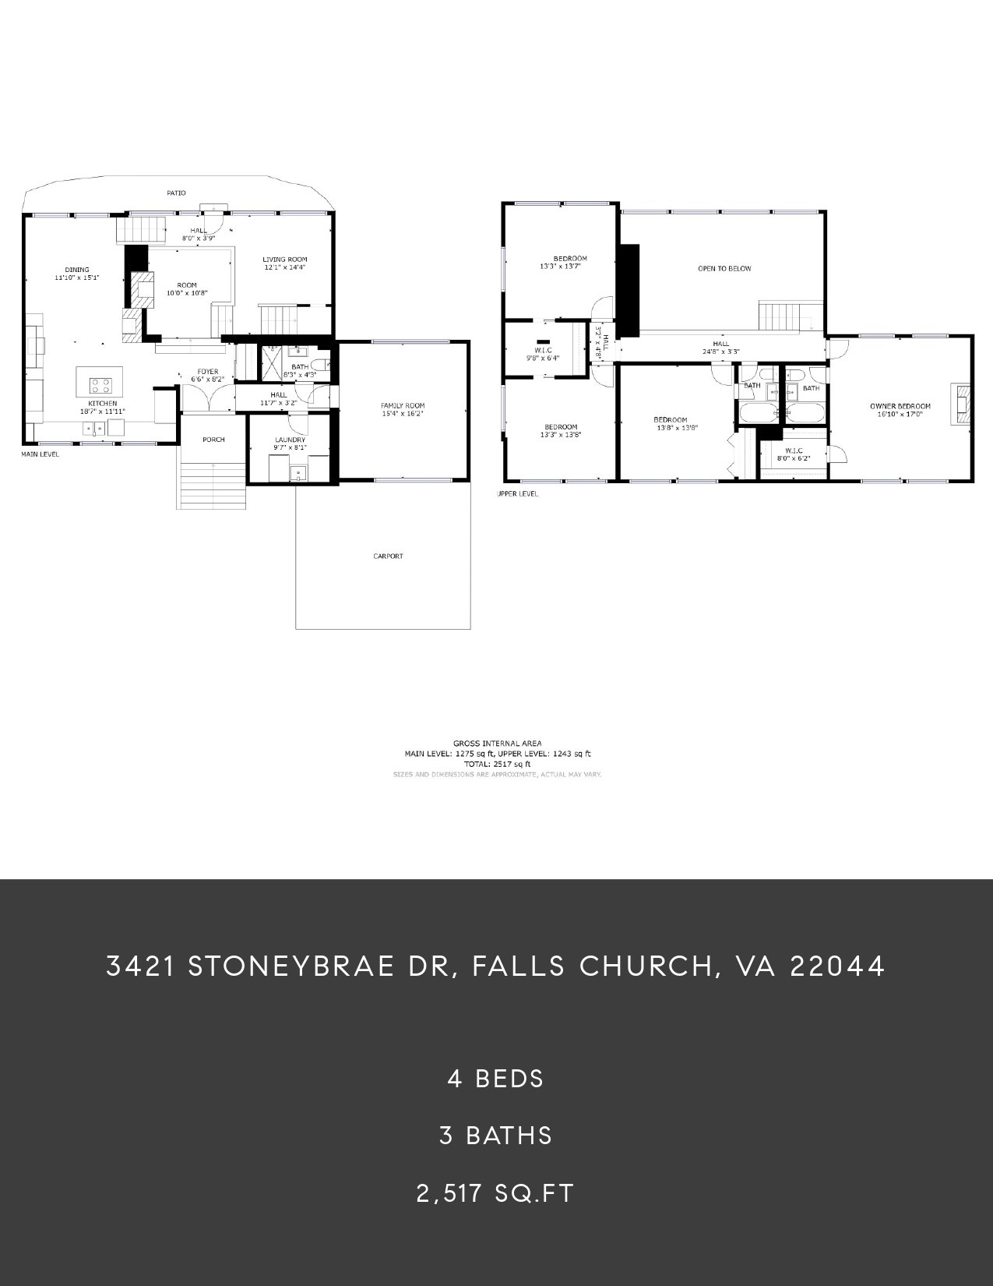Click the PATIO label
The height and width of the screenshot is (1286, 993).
tap(176, 193)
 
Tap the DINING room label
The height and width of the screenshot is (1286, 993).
tap(77, 270)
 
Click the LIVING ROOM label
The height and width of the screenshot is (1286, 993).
tap(284, 260)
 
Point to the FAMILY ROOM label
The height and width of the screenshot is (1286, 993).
tap(403, 405)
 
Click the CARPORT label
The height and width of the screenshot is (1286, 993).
tap(387, 556)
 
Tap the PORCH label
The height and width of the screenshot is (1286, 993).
tap(213, 440)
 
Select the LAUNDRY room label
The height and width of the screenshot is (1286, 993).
tap(290, 440)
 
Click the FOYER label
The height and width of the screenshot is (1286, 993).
tap(207, 371)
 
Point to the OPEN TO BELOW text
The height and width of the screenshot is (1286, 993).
tap(724, 269)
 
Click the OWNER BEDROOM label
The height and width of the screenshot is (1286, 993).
tap(900, 406)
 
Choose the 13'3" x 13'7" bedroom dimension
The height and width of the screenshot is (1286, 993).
tap(560, 267)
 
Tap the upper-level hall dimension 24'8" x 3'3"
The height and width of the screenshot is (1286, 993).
tap(720, 352)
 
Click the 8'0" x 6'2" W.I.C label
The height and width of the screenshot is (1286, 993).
tap(793, 458)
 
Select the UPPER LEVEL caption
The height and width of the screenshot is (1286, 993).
tap(517, 494)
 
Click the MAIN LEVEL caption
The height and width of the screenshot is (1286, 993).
tap(40, 454)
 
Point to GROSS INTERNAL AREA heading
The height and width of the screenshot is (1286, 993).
tap(497, 744)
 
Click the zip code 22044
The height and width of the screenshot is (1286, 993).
tap(837, 966)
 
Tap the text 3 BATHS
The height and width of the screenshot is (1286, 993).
tap(496, 1136)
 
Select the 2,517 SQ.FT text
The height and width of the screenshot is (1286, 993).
tap(495, 1193)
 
